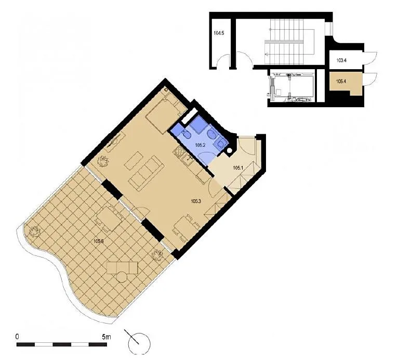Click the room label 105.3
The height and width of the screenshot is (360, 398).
point(196,201)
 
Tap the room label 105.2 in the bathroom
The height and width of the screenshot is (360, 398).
point(200,145)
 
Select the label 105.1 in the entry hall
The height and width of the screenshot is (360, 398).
point(238,168)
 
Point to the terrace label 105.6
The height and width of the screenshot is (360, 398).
point(99,241)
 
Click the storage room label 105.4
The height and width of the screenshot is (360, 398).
point(341,81)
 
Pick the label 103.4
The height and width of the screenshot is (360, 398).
point(341,60)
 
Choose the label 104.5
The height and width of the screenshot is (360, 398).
point(219,33)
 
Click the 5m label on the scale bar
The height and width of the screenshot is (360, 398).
point(107,337)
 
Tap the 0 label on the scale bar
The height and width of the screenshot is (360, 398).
point(17,337)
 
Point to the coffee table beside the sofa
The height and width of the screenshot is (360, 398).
point(133,161)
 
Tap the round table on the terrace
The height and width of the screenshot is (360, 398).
point(123,277)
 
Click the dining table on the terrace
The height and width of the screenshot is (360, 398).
point(110,218)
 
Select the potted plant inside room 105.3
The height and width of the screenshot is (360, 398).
point(103,161)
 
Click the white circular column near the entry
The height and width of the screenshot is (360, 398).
point(230,150)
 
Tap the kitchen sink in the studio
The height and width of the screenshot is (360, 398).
point(188,159)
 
